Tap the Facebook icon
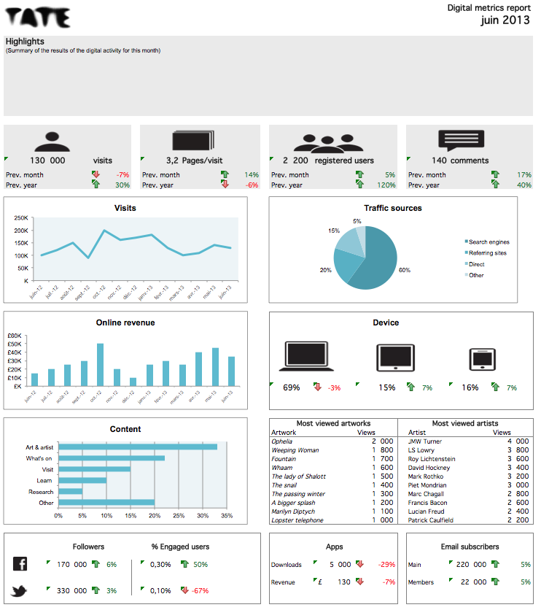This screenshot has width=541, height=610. (20, 564)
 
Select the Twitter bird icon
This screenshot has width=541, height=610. (20, 590)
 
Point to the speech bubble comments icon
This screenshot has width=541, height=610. (460, 141)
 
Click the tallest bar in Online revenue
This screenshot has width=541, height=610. (101, 364)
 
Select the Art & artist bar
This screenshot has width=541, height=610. (138, 447)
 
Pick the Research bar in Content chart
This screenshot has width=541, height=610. (71, 491)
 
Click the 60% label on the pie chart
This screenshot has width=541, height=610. (404, 270)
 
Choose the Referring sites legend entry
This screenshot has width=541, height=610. (487, 253)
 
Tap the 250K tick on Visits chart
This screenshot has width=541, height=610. (20, 218)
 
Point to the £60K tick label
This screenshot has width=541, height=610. (14, 336)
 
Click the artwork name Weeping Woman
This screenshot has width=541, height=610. (295, 450)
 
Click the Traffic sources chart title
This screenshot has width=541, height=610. (392, 208)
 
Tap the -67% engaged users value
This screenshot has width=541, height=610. (199, 590)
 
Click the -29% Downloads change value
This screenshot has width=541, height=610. (386, 564)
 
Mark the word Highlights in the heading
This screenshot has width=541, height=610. (25, 42)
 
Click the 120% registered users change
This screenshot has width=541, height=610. (386, 185)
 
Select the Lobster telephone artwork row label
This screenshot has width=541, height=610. (297, 520)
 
